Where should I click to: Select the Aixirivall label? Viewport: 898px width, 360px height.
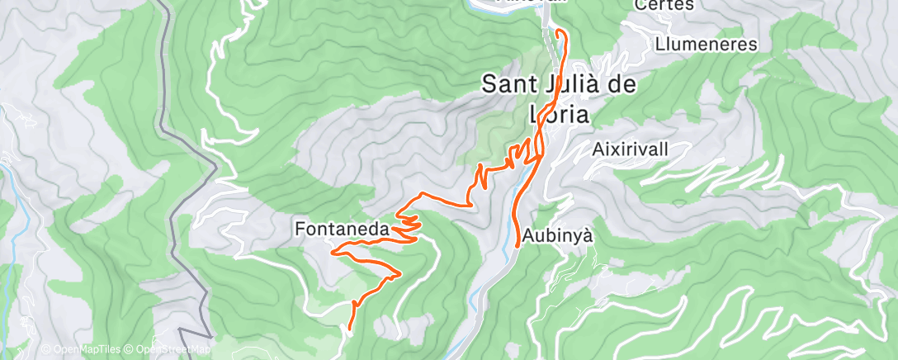click(630, 149)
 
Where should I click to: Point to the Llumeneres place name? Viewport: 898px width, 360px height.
click(707, 44)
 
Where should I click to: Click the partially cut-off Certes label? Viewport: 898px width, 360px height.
click(664, 5)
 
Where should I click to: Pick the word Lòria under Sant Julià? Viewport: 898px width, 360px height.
click(559, 115)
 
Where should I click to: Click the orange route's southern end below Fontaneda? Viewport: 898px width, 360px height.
click(350, 329)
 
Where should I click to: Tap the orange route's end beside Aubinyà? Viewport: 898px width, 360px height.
click(518, 244)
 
